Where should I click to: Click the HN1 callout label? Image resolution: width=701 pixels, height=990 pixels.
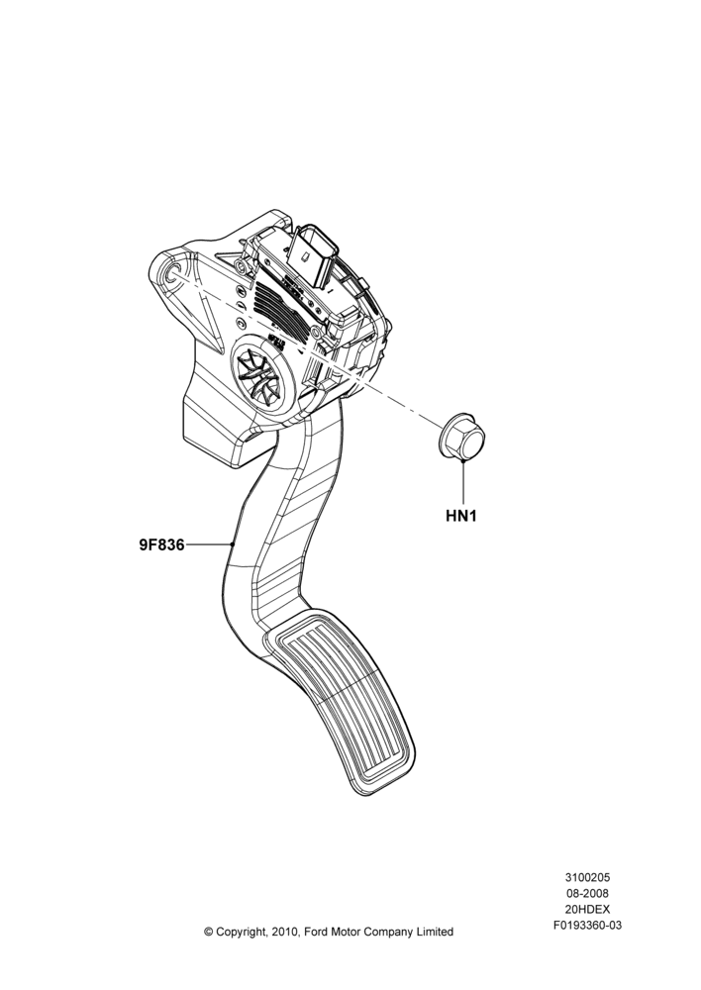click(461, 515)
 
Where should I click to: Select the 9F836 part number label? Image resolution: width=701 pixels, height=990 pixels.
click(161, 544)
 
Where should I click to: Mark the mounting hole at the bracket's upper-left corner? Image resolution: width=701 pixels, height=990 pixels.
click(170, 275)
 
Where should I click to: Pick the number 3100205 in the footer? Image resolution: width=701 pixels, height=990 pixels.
click(587, 877)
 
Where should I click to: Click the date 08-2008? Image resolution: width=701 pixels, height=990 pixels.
click(587, 893)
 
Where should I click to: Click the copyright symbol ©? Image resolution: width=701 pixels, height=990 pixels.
click(208, 932)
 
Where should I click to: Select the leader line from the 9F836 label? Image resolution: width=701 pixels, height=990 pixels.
click(209, 544)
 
